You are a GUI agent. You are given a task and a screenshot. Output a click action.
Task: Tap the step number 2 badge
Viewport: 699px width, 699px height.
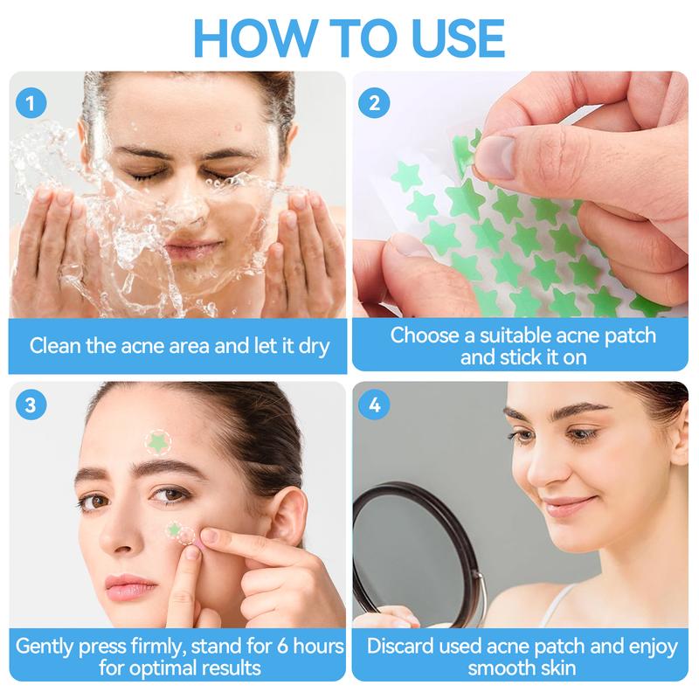(375, 103)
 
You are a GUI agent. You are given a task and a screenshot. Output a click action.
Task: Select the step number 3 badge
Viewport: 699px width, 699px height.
(31, 405)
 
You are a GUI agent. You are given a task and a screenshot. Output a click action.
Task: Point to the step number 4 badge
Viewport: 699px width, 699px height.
(375, 405)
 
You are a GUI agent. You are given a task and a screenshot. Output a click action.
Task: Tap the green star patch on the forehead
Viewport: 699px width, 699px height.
(157, 442)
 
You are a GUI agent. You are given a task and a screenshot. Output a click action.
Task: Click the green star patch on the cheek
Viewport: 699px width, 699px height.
(175, 529)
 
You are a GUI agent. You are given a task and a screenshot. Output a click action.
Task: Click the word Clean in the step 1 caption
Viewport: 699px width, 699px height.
(56, 345)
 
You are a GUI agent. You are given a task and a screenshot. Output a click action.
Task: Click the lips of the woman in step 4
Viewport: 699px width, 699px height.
(569, 506)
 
